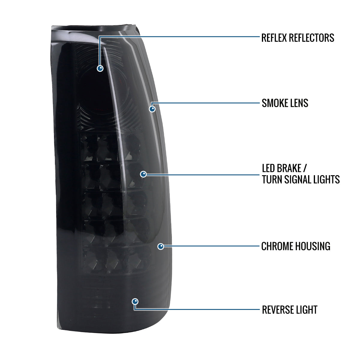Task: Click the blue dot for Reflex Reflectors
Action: (100, 68)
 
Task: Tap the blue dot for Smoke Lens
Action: (152, 109)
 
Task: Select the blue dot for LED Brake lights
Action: (143, 174)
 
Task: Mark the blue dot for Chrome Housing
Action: (161, 246)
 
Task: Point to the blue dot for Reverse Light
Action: (135, 301)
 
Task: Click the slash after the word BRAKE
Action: (305, 168)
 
